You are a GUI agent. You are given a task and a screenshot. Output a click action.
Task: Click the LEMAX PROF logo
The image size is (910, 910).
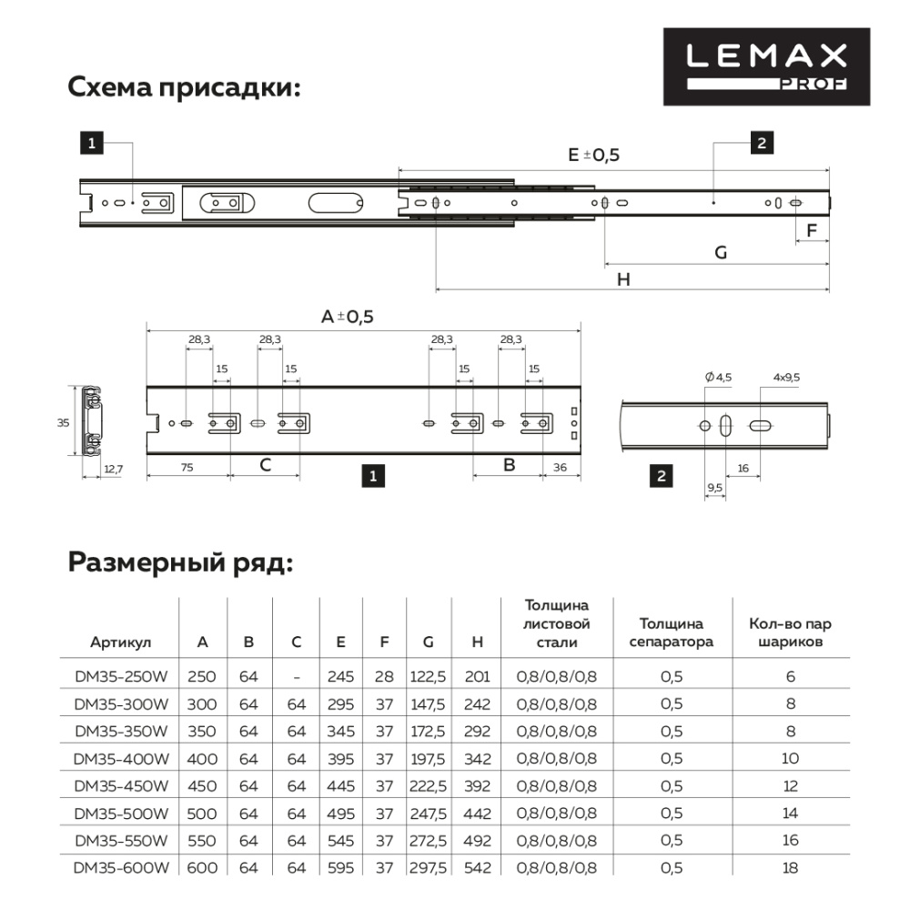(766, 66)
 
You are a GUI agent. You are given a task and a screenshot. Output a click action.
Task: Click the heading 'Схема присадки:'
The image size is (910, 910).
(185, 89)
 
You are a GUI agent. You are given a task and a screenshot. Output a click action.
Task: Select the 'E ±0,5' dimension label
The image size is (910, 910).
(593, 155)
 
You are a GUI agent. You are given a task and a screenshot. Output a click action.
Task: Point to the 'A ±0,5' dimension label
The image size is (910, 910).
(348, 317)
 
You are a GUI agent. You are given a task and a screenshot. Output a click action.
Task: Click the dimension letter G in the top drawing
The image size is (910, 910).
(720, 253)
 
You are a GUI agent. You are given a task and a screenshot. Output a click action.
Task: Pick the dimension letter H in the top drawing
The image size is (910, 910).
(623, 280)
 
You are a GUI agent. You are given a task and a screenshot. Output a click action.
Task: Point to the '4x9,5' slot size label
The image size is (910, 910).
(786, 378)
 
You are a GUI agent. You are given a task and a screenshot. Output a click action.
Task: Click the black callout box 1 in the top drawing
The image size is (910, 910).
(91, 142)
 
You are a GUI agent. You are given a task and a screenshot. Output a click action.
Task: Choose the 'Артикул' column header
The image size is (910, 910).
(121, 642)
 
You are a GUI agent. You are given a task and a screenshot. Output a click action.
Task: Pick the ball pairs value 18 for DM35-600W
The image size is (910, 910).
(790, 868)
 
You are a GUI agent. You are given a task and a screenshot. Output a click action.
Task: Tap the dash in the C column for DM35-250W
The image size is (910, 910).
(297, 677)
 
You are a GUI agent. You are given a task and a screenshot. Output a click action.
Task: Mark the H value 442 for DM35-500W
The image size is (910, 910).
(478, 813)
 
